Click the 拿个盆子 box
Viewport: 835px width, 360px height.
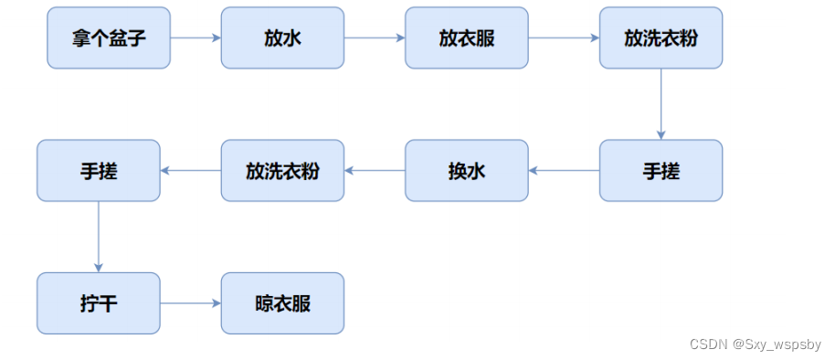point(108,38)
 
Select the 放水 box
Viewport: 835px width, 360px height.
point(282,38)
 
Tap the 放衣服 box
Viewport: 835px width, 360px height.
point(467,38)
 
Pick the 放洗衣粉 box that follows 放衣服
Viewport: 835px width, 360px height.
point(661,38)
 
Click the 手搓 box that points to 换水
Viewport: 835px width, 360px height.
point(661,171)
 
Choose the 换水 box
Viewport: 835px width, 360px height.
point(467,171)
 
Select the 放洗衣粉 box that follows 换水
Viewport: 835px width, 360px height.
point(282,171)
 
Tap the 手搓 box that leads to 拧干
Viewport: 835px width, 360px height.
point(99,171)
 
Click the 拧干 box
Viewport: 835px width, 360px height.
point(99,303)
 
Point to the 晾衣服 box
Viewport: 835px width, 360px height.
point(282,303)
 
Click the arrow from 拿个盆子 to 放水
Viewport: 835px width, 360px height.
point(196,38)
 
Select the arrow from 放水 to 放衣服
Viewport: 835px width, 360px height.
point(375,38)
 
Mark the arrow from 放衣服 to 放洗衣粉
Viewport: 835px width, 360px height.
point(564,38)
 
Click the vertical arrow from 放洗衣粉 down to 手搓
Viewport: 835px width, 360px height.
point(661,103)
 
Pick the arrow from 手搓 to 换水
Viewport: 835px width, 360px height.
point(564,171)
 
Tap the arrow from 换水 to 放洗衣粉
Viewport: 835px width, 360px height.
point(375,171)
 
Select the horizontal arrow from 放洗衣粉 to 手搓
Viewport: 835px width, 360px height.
point(191,171)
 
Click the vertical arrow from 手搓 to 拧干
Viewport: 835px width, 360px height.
point(99,237)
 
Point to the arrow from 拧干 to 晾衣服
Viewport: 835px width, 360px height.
point(191,303)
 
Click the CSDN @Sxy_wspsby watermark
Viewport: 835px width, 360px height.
point(755,344)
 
